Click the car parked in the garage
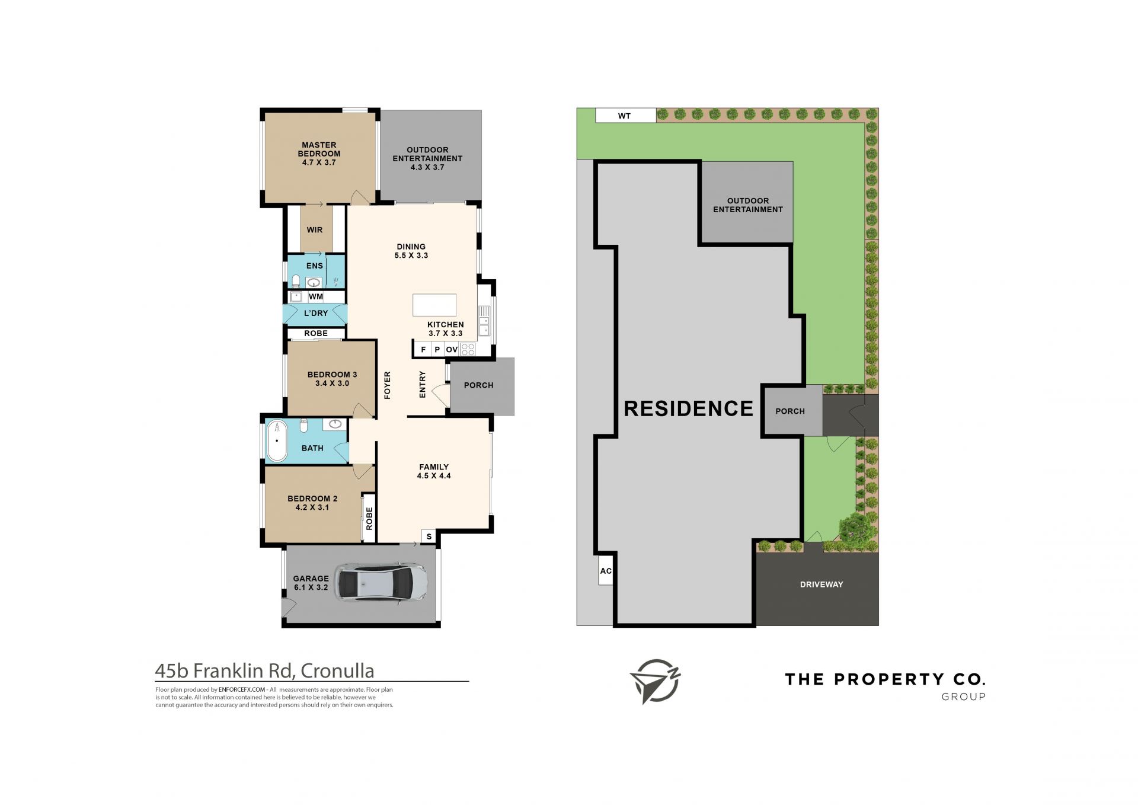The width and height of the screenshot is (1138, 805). point(381,583)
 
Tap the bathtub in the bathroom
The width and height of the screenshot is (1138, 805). point(276,440)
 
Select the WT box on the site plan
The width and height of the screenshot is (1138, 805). point(625,116)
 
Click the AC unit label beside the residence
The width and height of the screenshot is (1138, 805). point(606,571)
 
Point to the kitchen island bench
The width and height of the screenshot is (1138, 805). point(434,305)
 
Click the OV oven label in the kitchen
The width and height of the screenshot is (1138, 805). point(452,350)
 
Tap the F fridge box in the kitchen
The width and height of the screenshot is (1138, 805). point(423,350)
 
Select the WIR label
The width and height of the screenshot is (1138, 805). point(315,230)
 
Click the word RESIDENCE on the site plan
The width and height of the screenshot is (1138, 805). point(689,408)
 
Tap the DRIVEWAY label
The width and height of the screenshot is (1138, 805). point(821,584)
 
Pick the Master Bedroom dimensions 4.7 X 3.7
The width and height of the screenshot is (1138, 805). point(319,162)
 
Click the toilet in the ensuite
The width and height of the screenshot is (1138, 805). point(295,280)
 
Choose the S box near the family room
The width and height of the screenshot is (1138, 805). point(429,536)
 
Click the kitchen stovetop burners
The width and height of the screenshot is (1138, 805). point(468,349)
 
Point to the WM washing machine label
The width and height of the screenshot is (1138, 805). point(316,296)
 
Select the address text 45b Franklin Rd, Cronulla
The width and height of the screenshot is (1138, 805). point(264,671)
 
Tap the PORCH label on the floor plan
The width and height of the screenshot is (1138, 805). point(479,385)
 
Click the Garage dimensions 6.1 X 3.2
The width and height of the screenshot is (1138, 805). point(311,587)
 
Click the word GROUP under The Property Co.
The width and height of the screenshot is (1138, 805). point(964,697)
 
